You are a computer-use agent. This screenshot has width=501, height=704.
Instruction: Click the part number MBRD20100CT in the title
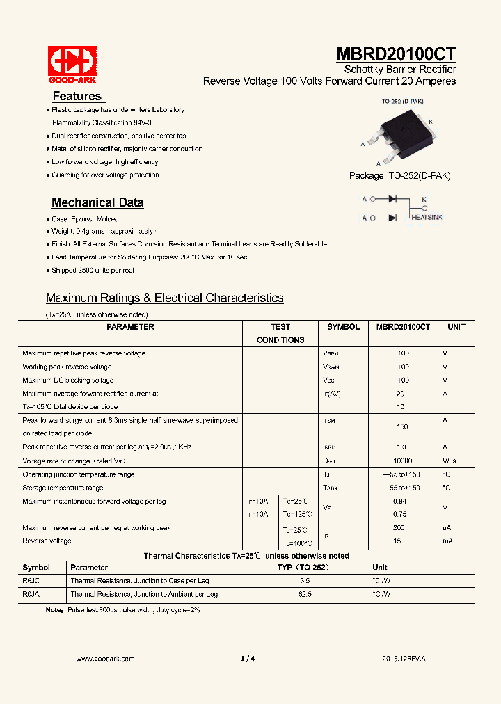[x=397, y=55]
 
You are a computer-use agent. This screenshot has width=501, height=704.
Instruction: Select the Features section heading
[x=77, y=96]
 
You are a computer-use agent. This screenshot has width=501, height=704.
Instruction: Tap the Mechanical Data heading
[x=97, y=202]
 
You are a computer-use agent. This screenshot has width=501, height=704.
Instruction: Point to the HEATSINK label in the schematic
[x=426, y=218]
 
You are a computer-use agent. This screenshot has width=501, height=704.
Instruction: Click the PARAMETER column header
[x=131, y=327]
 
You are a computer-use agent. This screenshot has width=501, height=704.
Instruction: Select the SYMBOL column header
[x=343, y=327]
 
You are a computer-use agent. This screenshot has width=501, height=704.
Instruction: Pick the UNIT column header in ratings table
[x=456, y=327]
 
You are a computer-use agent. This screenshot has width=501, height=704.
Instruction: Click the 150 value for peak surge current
[x=402, y=426]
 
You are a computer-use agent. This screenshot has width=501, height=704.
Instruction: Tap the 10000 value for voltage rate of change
[x=402, y=461]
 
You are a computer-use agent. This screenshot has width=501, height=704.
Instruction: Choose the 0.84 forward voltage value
[x=399, y=501]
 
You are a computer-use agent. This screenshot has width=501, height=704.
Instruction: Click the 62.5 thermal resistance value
[x=305, y=594]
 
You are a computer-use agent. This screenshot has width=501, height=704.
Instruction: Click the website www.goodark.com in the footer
[x=105, y=658]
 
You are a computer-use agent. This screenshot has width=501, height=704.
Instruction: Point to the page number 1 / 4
[x=248, y=658]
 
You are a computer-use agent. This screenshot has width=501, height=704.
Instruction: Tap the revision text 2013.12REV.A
[x=404, y=658]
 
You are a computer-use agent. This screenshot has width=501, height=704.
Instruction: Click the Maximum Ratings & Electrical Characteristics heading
[x=164, y=298]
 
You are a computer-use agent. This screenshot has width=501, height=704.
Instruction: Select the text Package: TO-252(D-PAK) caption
[x=399, y=176]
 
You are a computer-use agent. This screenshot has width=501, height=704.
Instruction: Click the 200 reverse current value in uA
[x=400, y=528]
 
